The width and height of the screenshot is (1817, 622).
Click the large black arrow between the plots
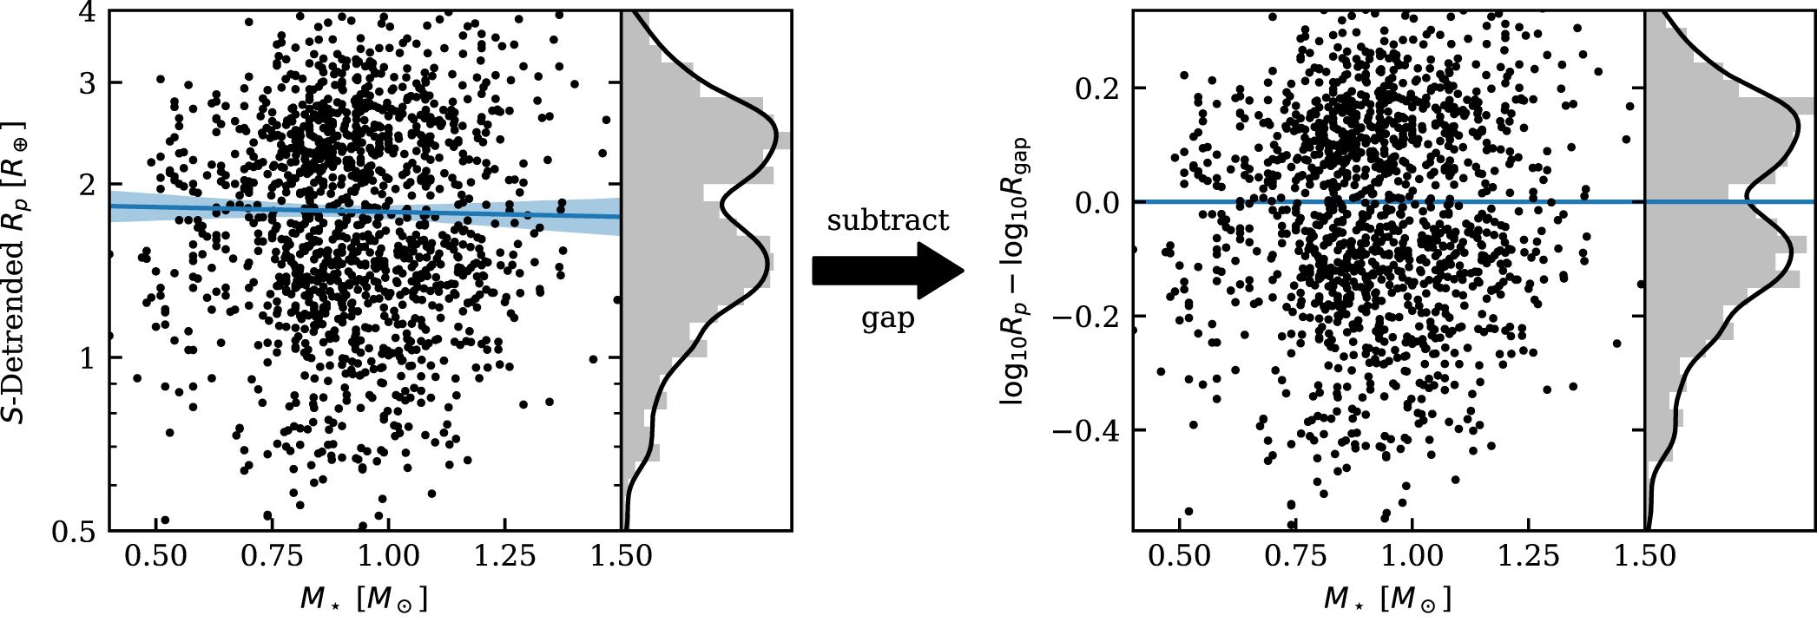coord(887,271)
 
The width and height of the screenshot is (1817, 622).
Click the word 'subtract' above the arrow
coord(888,220)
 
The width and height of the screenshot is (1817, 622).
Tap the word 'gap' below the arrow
coord(887,319)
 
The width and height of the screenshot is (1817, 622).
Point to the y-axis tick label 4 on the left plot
coord(88,14)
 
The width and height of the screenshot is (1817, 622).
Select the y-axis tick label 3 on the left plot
coord(88,83)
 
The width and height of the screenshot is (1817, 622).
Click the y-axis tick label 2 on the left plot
coord(88,185)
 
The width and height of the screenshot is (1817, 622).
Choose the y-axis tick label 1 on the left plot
coord(88,357)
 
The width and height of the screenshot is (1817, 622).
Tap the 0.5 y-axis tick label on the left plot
coord(74,530)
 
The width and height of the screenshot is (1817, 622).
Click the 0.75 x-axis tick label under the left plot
coord(272,556)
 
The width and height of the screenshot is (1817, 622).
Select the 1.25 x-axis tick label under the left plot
coord(504,556)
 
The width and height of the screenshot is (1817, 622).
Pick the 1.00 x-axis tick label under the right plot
coord(1412,556)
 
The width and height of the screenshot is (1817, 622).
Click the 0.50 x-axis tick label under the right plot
coord(1179,556)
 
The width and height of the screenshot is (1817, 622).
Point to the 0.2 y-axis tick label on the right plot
coord(1097,88)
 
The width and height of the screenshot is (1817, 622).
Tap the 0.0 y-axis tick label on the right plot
coord(1097,202)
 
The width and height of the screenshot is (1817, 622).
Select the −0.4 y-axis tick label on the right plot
coord(1087,430)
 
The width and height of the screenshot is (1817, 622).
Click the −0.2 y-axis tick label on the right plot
coord(1087,316)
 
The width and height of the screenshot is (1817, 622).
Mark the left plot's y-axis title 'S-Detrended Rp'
coord(17,272)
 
